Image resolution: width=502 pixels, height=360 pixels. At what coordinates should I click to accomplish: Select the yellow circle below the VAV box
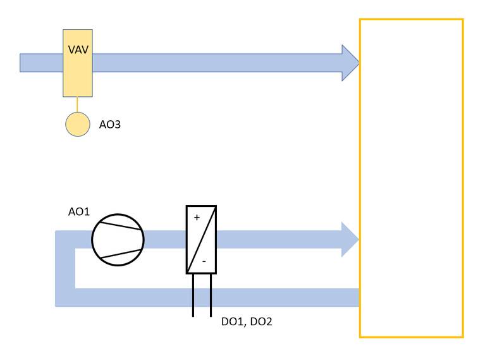(78, 124)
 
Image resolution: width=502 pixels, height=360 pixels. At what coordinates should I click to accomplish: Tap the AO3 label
(110, 125)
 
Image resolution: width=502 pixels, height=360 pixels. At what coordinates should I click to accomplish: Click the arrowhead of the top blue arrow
(350, 63)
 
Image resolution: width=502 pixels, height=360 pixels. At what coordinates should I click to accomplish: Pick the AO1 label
(79, 212)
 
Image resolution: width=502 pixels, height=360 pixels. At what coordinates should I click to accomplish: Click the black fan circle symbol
(118, 240)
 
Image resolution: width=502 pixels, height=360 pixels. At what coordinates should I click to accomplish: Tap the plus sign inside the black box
(196, 218)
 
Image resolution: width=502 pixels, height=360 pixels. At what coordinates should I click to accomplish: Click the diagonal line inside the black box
(201, 240)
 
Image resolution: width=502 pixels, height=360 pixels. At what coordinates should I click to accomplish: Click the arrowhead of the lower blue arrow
(350, 240)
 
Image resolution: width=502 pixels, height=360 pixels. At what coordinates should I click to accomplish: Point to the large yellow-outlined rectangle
(411, 178)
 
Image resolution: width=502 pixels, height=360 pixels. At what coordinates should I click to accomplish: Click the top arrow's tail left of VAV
(41, 63)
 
